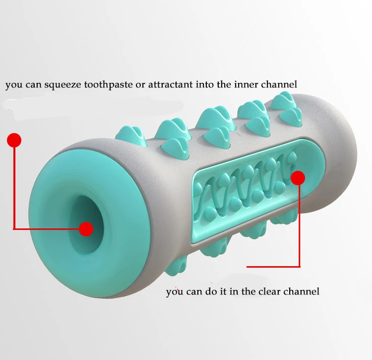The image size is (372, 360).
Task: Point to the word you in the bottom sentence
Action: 174,291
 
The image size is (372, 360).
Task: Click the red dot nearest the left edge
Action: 14,141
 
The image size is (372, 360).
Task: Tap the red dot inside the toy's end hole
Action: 86,229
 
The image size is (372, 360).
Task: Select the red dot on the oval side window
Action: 298,178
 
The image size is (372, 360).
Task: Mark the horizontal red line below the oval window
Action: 273,266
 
